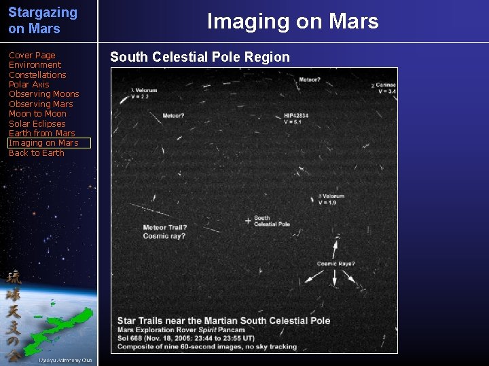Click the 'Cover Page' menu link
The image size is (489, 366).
[32, 56]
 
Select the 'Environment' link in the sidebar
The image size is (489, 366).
[35, 65]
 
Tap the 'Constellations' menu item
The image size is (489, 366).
[37, 75]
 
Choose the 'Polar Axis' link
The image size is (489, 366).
[29, 85]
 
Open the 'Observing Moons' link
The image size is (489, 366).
[43, 94]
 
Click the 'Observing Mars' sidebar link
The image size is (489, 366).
[41, 104]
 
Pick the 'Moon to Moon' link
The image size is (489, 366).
[37, 114]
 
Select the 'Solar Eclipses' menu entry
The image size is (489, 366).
[37, 124]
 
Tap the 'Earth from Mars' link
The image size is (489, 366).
[41, 134]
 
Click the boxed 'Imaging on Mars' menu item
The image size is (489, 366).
[43, 143]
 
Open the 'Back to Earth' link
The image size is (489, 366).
[36, 153]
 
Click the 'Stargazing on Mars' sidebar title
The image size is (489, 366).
[43, 20]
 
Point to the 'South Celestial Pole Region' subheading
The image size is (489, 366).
[200, 57]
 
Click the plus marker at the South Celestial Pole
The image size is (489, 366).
[248, 221]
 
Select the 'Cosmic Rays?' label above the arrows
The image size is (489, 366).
[336, 264]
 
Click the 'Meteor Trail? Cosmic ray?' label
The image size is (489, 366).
[164, 232]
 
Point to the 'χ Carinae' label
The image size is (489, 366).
[384, 88]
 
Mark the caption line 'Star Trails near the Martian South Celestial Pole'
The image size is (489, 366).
[223, 321]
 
